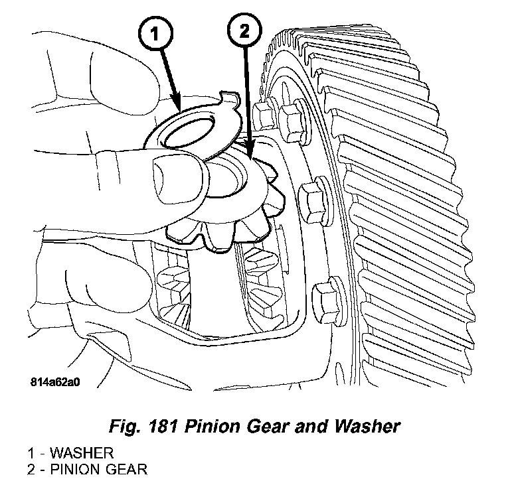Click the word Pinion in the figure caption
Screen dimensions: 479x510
click(205, 426)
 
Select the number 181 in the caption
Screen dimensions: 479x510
click(156, 426)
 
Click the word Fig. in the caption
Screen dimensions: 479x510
click(120, 426)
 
